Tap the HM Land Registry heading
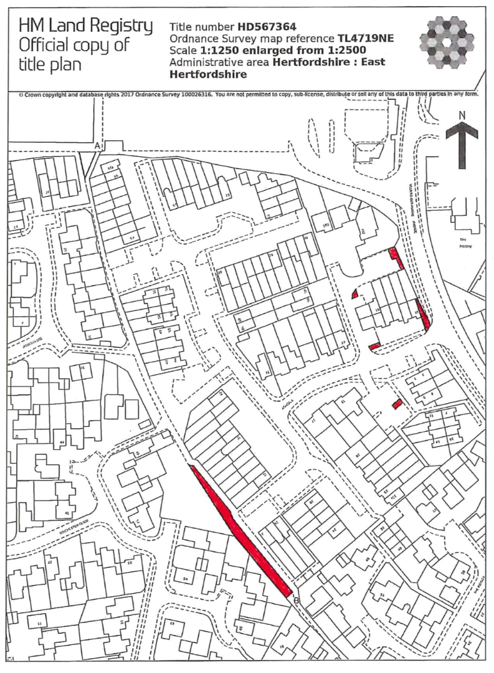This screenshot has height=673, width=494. pos(85,26)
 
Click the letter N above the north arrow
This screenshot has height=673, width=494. pos(462,115)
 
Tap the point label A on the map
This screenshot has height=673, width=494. pos(97,146)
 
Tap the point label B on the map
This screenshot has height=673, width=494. pos(296,601)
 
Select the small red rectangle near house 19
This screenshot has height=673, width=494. pos(397,404)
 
